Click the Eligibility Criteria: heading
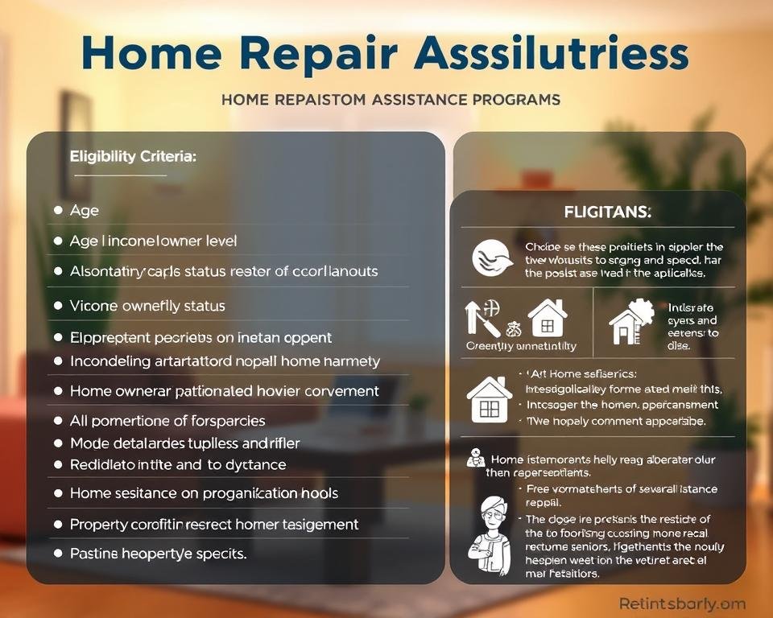coord(132,157)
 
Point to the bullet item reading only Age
coord(85,210)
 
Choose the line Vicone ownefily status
coord(147,306)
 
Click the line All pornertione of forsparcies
coord(167,420)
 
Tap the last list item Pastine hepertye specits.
coord(158,554)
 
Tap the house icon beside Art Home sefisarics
coord(488,399)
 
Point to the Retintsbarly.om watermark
coord(682,603)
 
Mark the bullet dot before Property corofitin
coord(57,524)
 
